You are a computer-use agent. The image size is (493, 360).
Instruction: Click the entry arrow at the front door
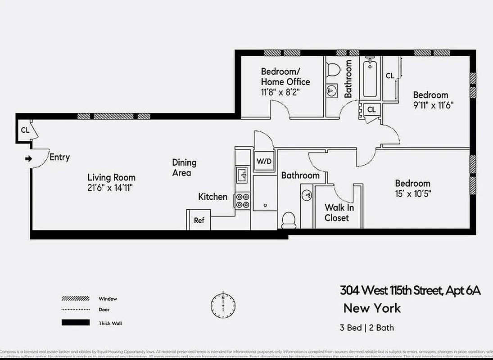tap(28, 158)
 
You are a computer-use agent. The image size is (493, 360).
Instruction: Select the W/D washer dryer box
tap(264, 162)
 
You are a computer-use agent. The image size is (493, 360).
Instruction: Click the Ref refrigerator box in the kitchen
tap(199, 220)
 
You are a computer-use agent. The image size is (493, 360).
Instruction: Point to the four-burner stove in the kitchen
tap(242, 200)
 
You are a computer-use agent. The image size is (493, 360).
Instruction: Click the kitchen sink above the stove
tap(242, 175)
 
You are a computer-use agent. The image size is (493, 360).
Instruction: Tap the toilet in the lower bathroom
tap(288, 220)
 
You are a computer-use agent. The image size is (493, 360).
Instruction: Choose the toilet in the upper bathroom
tap(333, 70)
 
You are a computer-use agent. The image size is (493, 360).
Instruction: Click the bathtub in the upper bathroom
tap(370, 78)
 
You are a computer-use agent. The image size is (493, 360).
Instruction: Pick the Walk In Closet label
tap(339, 213)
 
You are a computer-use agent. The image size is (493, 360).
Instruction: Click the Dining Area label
tap(184, 167)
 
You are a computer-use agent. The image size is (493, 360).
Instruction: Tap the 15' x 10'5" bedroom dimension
tap(412, 194)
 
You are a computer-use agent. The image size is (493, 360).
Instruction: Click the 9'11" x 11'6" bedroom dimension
tap(433, 106)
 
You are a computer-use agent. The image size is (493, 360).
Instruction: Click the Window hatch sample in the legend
tap(75, 299)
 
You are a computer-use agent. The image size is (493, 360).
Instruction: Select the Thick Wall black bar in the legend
tap(75, 323)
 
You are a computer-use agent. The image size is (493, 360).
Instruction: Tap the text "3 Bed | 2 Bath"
tap(367, 327)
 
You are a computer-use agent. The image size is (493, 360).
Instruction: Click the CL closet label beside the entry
tap(25, 130)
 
